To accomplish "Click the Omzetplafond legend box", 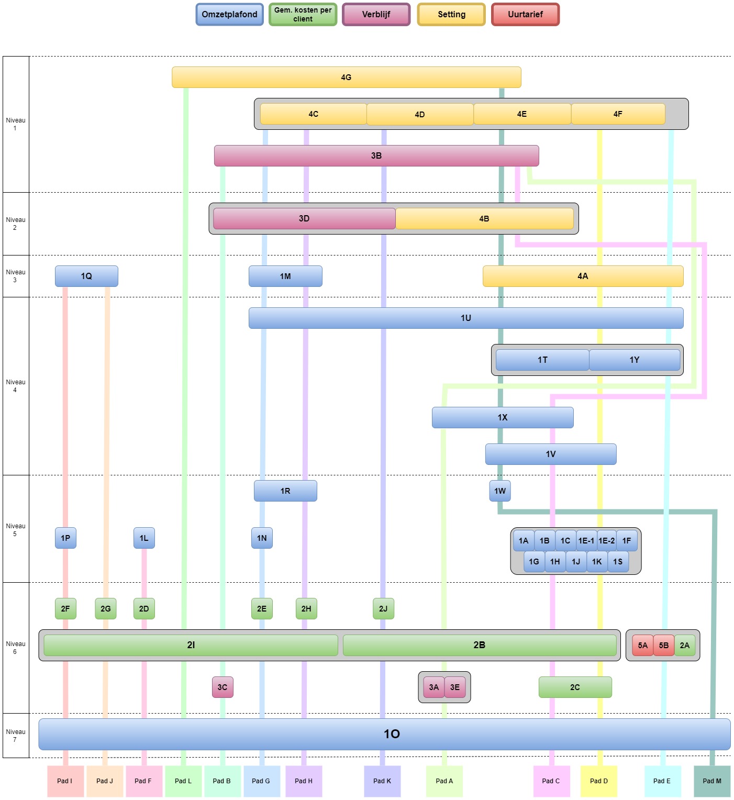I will tap(229, 14).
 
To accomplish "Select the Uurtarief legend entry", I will tap(525, 14).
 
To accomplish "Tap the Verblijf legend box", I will tap(376, 14).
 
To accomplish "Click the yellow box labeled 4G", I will tap(346, 77).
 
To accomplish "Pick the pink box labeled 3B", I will tap(376, 155).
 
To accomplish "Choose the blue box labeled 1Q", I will tap(86, 276).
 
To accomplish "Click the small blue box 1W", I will tap(500, 491).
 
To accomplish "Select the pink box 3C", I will tap(223, 687).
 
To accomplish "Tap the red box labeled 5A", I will tap(642, 645).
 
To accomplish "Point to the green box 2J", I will tap(383, 608).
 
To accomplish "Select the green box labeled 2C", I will tap(575, 687).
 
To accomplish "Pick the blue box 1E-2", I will tap(606, 540).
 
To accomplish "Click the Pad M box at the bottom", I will tap(711, 781).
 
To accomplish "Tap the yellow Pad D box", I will tap(598, 781).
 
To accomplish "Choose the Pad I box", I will tap(65, 781).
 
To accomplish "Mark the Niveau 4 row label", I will tap(16, 386).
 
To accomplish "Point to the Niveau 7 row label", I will tap(16, 735).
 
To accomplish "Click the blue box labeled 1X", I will tap(503, 417).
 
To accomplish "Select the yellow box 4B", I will tap(484, 218).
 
